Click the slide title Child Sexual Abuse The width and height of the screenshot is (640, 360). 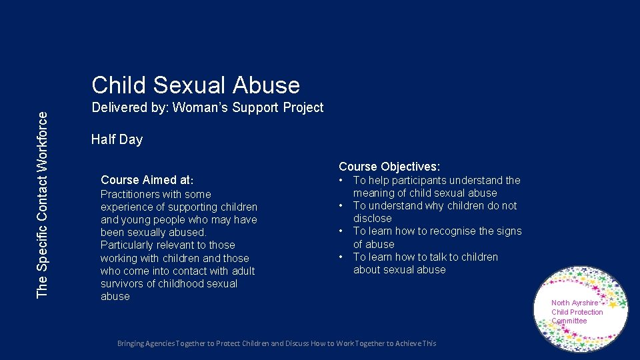195,85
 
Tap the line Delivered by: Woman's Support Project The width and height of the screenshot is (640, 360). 207,107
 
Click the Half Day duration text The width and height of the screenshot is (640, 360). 117,139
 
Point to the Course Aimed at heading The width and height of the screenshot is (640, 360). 147,180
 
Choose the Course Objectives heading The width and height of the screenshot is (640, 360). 389,167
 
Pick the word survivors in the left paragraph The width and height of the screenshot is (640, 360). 123,284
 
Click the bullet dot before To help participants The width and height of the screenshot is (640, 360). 341,180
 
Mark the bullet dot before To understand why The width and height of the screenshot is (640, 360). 341,206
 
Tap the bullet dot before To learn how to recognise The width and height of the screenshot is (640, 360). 341,231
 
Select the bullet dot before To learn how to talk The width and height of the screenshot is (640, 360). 341,257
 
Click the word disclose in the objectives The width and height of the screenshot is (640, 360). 372,219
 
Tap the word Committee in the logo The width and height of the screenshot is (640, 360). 569,321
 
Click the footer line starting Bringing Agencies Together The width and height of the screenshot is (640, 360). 276,343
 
